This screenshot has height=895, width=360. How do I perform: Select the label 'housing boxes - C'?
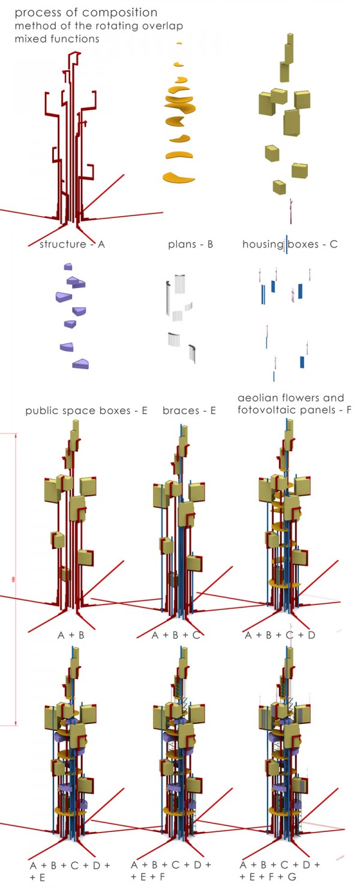[290, 244]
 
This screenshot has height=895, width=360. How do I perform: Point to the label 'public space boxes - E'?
[86, 411]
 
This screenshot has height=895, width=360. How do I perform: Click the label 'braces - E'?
[189, 411]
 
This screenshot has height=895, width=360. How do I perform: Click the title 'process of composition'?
[86, 13]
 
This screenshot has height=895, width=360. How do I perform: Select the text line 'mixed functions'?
[57, 39]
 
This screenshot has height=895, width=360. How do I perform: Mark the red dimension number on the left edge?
[13, 579]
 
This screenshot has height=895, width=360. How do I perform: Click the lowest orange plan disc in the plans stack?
[178, 178]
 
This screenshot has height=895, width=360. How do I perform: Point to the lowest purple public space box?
[80, 364]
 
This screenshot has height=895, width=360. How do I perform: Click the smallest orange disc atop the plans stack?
[178, 43]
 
